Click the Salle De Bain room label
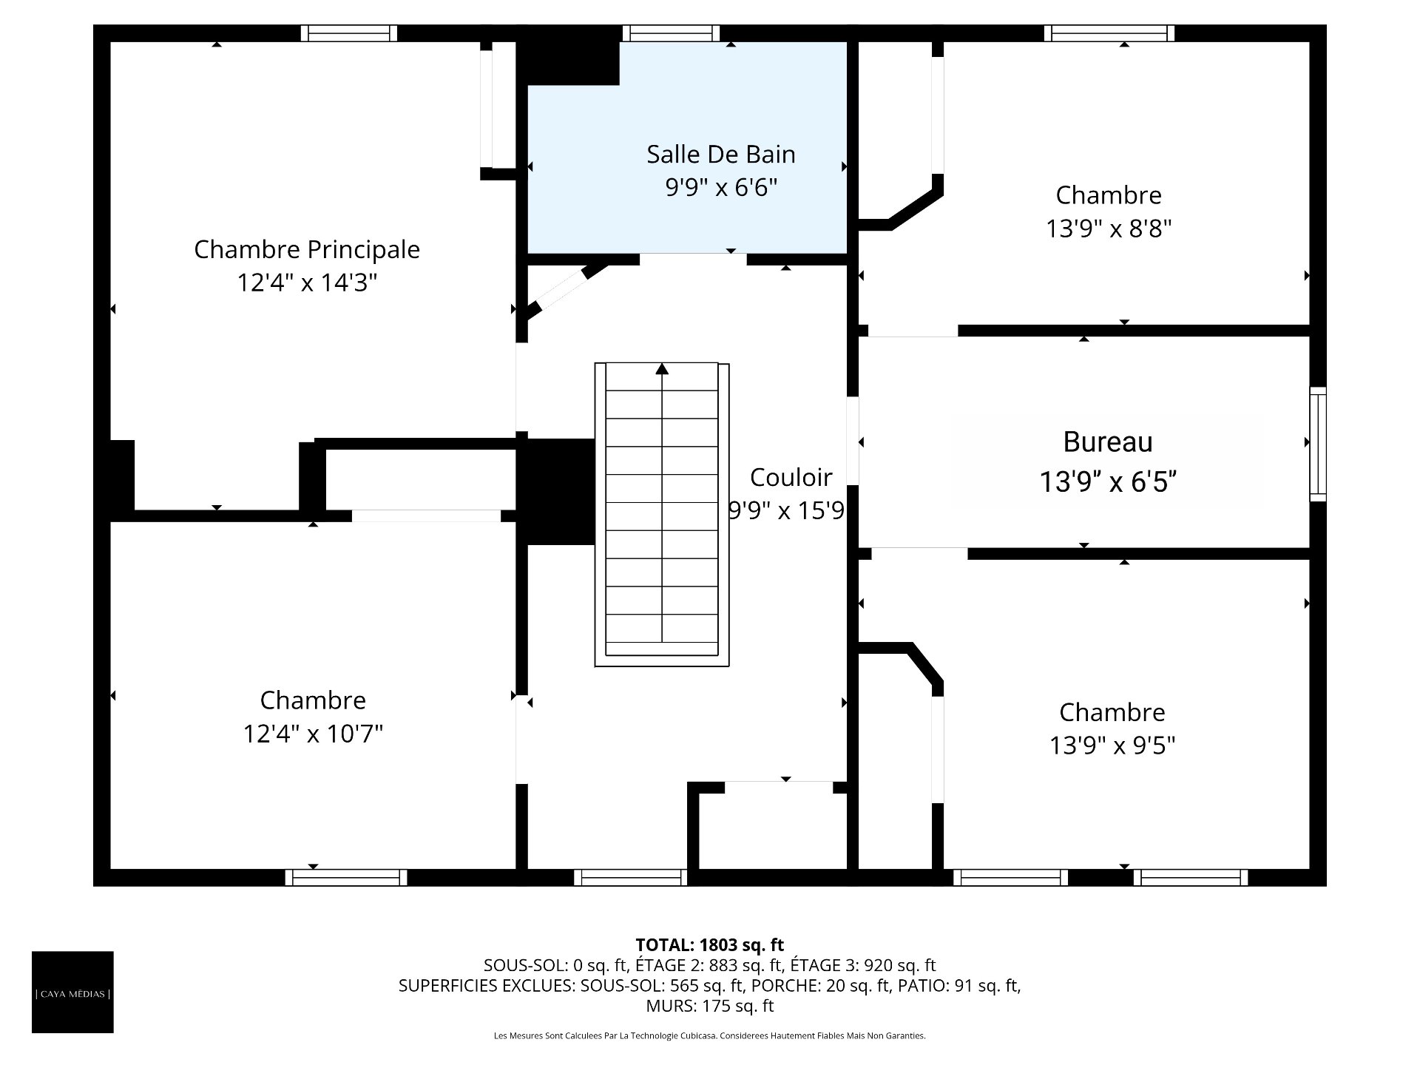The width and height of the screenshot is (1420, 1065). [x=721, y=154]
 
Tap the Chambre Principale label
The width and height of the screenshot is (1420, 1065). [x=307, y=249]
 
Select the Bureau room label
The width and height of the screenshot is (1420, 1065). [x=1108, y=442]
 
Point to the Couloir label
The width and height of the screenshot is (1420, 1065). [x=791, y=477]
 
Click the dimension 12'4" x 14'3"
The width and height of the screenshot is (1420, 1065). [x=307, y=283]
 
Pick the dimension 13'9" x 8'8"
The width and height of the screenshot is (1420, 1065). [x=1109, y=229]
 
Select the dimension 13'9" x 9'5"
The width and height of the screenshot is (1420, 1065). [x=1112, y=745]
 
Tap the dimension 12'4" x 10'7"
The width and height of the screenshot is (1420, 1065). [x=313, y=734]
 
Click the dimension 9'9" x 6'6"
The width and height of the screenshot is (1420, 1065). [x=721, y=188]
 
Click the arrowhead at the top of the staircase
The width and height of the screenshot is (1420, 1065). [x=662, y=368]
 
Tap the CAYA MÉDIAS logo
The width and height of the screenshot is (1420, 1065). [x=72, y=992]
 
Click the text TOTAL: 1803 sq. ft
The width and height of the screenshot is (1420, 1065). [x=710, y=944]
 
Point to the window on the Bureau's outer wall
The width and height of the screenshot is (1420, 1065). [x=1318, y=444]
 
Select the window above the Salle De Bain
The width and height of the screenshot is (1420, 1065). [x=671, y=33]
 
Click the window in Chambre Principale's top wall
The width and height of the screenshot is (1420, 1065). [x=349, y=33]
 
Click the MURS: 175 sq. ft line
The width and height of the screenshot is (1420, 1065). [x=710, y=1006]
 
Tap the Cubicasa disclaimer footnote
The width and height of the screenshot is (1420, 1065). [x=710, y=1035]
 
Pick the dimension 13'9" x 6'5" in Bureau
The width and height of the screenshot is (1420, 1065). [x=1108, y=482]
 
